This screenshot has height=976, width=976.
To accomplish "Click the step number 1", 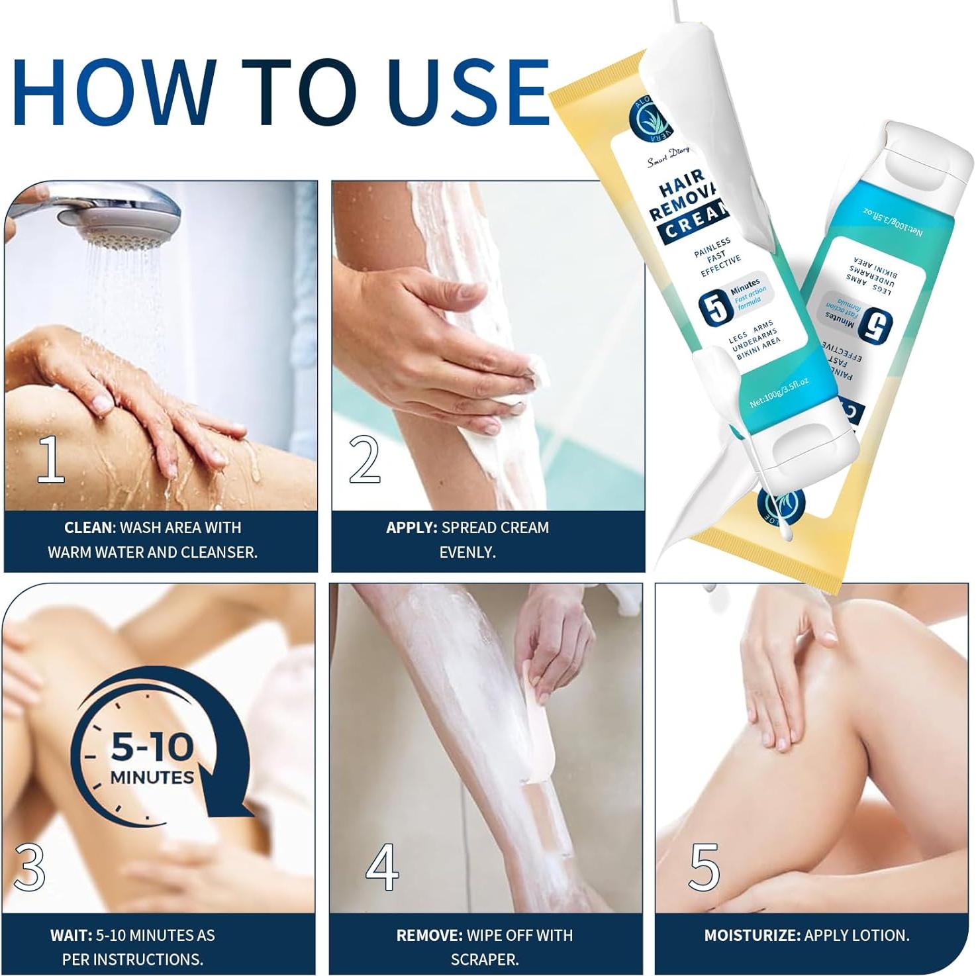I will click(50, 458).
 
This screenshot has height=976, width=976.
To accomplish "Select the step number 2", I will click(365, 458).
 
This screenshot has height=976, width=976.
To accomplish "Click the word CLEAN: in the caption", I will click(89, 528).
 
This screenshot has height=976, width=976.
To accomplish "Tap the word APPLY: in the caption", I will click(411, 528).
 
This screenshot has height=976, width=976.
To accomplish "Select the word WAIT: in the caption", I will click(71, 935).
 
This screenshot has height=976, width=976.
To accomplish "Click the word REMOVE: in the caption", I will click(429, 935).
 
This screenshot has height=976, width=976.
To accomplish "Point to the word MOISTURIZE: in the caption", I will click(752, 935).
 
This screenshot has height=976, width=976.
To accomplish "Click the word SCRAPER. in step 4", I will click(484, 959).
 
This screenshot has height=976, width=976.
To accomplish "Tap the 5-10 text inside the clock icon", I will click(152, 746).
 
